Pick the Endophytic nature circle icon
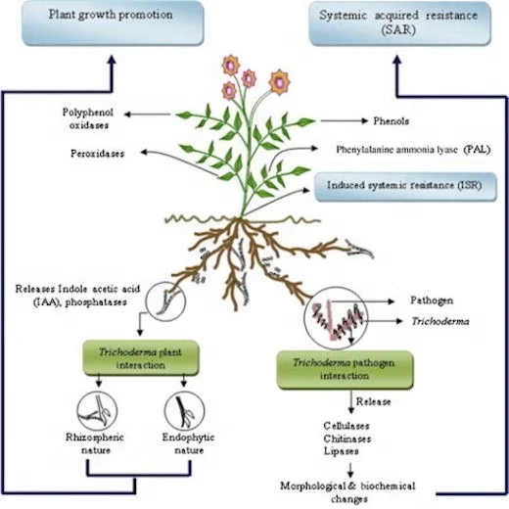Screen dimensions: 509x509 pos(181,405)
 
